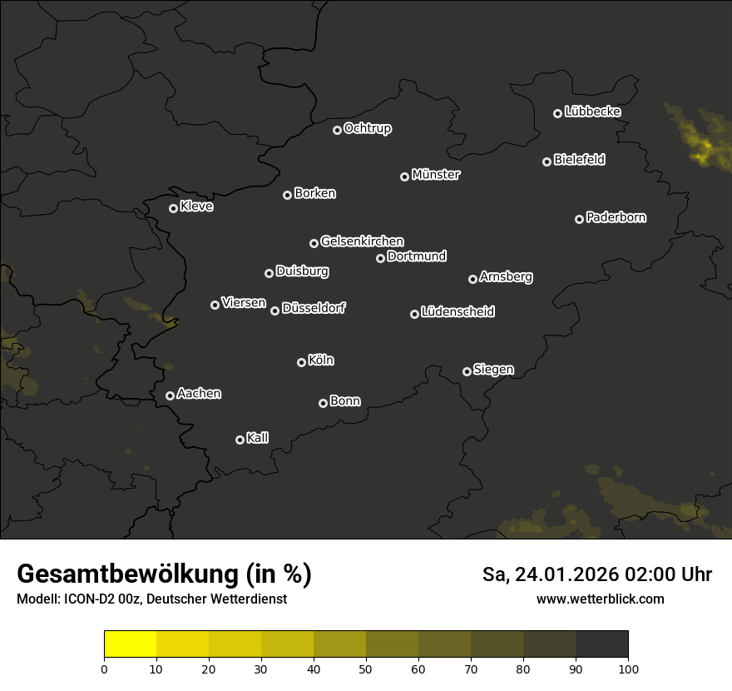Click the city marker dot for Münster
point(404,176)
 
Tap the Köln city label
point(321,360)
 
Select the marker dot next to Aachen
point(170,395)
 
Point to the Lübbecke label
point(592,112)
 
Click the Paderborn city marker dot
point(579,219)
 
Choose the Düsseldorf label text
point(314,308)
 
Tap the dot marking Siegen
point(467,371)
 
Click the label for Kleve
point(196,206)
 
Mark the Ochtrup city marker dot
point(337,130)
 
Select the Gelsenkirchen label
point(362,241)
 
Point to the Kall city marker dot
point(240,440)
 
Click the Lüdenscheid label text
point(457,312)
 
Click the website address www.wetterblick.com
point(600,599)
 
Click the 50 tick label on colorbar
point(366,669)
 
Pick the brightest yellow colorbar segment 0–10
point(131,644)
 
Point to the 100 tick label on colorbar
point(628,669)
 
